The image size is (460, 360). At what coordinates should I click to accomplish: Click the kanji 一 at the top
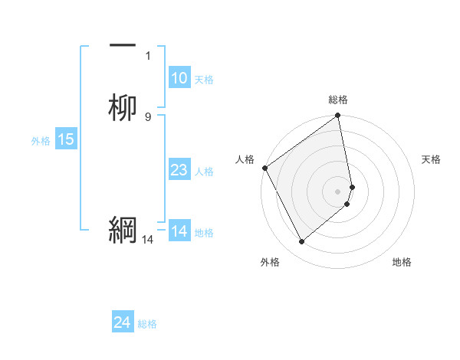(x=123, y=46)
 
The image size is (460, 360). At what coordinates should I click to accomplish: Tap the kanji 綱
(x=123, y=229)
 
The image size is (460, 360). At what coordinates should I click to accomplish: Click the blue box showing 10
(x=179, y=78)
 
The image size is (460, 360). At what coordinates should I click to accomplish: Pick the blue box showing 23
(x=179, y=170)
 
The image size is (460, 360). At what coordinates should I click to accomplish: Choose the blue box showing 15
(x=66, y=139)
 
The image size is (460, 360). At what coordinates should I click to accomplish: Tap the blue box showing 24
(x=123, y=322)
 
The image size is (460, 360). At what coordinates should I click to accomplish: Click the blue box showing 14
(x=179, y=231)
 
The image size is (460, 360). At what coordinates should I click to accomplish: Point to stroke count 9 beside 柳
(x=148, y=116)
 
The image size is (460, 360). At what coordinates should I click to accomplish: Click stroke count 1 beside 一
(x=148, y=56)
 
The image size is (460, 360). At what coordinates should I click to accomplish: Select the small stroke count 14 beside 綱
(x=147, y=240)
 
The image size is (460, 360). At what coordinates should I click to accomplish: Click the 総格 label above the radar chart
(x=338, y=100)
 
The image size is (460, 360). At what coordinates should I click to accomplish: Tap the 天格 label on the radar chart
(x=432, y=159)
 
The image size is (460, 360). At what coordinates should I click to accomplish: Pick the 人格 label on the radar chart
(x=245, y=159)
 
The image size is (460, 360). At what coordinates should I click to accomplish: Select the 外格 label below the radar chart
(x=270, y=263)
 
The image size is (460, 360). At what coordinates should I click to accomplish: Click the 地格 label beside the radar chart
(x=402, y=263)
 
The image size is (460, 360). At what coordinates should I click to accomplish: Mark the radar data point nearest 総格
(x=338, y=116)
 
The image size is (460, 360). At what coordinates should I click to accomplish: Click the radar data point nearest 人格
(x=264, y=168)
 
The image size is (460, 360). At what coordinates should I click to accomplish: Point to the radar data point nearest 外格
(x=301, y=242)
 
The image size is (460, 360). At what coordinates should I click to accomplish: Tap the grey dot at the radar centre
(x=338, y=191)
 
